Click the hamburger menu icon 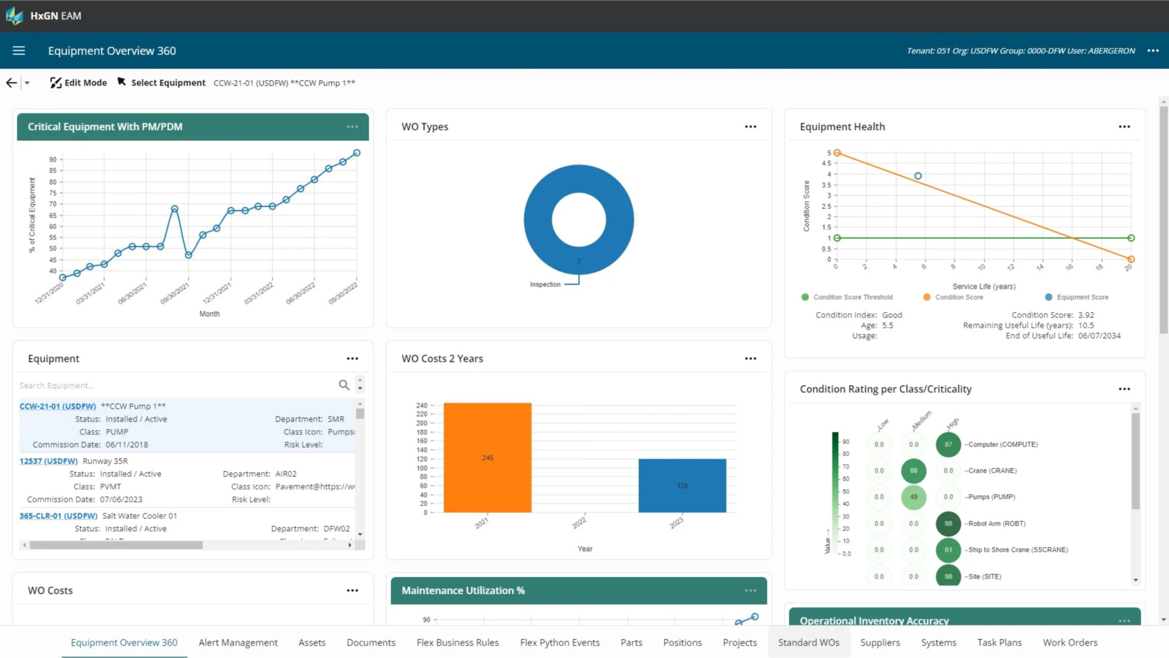click(x=19, y=51)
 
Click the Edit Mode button click(x=79, y=83)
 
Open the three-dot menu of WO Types click(x=750, y=127)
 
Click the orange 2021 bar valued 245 click(x=487, y=458)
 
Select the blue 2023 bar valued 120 click(x=682, y=486)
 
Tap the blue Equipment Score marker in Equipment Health click(x=918, y=176)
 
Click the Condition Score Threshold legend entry click(x=852, y=297)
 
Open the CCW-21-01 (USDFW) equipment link click(x=58, y=406)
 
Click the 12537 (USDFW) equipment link click(x=49, y=461)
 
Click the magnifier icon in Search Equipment click(x=344, y=385)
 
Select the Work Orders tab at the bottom click(x=1070, y=643)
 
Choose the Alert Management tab click(x=238, y=643)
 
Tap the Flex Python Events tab click(x=560, y=643)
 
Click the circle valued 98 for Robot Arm click(x=948, y=523)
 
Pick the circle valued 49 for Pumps click(x=913, y=497)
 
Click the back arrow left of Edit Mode click(x=12, y=83)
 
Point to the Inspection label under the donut click(x=545, y=285)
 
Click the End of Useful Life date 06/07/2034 click(x=1099, y=336)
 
